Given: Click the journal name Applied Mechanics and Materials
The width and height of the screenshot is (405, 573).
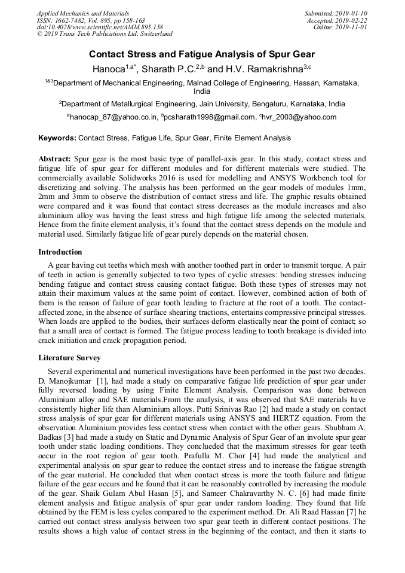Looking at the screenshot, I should point(82,13).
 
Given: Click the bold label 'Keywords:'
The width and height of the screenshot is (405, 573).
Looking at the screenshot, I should point(57,138).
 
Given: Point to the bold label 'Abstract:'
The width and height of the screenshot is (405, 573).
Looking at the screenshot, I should point(55,160).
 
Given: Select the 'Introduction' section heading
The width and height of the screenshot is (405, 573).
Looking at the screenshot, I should point(60,252).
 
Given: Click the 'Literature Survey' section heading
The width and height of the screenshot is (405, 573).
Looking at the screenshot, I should point(69,358).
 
